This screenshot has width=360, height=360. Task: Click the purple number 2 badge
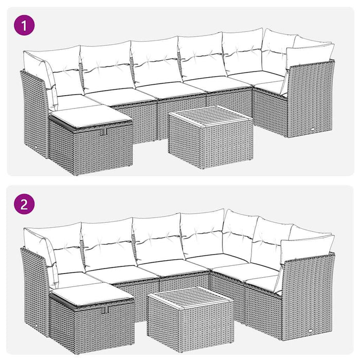click(x=24, y=204)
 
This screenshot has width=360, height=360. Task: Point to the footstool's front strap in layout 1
click(x=104, y=132)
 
